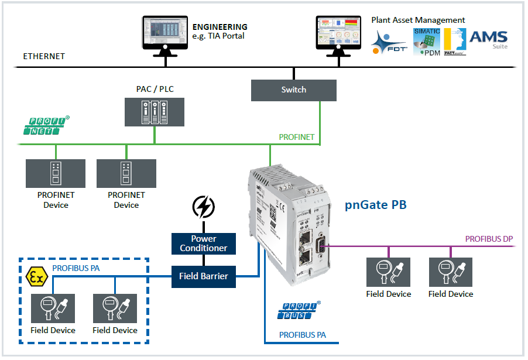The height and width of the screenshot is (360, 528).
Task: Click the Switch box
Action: [x=293, y=90]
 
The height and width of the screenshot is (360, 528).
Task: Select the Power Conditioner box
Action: [x=203, y=244]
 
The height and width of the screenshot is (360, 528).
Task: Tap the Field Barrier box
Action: [x=203, y=276]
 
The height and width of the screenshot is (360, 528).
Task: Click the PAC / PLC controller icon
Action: [x=155, y=112]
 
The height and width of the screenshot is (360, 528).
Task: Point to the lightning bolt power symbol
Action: [x=203, y=207]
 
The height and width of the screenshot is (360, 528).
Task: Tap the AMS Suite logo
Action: [x=488, y=39]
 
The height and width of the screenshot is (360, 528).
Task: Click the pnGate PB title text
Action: [x=376, y=205]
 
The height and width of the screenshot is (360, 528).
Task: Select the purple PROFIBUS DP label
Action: [x=489, y=239]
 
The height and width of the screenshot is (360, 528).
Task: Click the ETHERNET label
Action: [x=44, y=57]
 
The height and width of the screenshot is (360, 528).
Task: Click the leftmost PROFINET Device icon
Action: [x=55, y=173]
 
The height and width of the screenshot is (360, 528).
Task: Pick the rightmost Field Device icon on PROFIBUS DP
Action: [x=450, y=272]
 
